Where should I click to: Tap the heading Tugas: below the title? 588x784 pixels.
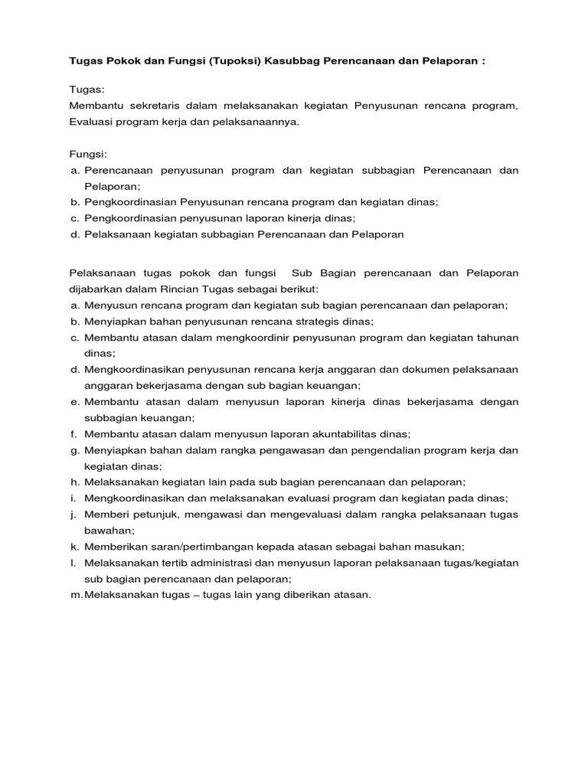click(86, 89)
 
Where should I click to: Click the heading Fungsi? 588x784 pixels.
click(87, 154)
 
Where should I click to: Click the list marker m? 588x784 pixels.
click(75, 594)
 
